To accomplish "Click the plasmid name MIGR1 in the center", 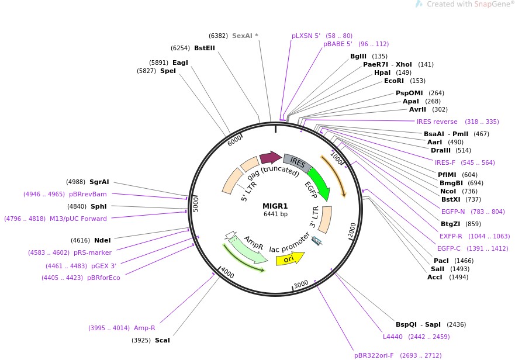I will click(x=275, y=206).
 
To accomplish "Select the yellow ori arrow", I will click(x=289, y=258).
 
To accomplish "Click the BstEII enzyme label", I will click(x=205, y=48).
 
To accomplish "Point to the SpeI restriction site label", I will click(x=168, y=71).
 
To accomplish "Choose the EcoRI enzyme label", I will click(x=394, y=81).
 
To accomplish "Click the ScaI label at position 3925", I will click(x=162, y=340).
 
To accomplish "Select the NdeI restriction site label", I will click(x=102, y=240).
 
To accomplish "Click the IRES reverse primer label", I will click(x=437, y=122).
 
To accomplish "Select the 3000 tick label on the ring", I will click(x=300, y=284).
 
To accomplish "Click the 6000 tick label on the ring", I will click(x=235, y=141).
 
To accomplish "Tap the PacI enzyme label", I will click(x=441, y=261).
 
